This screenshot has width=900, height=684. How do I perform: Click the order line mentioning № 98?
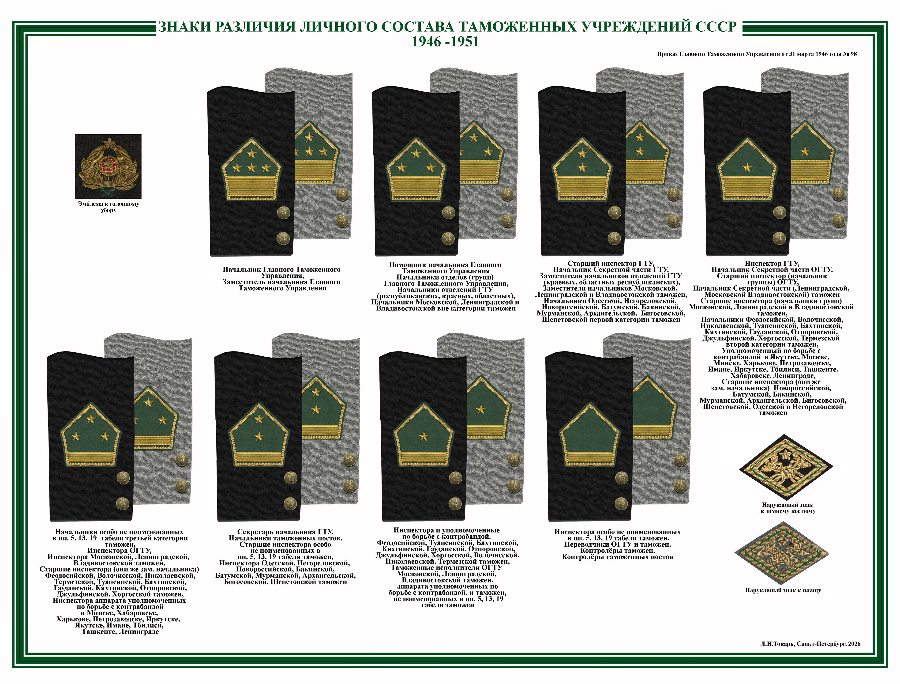(757, 54)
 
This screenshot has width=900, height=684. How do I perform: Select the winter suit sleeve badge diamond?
(786, 466)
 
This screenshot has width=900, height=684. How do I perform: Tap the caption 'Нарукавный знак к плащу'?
(783, 590)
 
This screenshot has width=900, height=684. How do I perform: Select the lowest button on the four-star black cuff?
(283, 238)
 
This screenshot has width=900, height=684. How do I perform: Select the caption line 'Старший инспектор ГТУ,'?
(611, 263)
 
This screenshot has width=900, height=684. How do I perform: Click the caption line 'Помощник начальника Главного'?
(445, 265)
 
